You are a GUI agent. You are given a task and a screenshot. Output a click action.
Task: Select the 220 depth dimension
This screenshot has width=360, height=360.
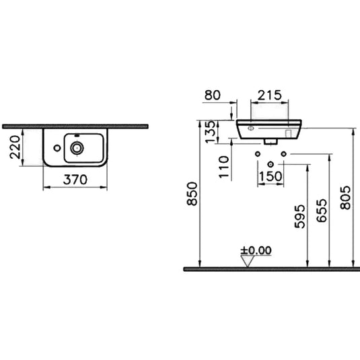click(17, 147)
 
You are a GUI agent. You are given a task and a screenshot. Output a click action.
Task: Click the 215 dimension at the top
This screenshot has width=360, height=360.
click(269, 96)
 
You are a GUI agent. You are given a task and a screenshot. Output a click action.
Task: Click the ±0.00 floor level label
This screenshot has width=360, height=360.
click(256, 250)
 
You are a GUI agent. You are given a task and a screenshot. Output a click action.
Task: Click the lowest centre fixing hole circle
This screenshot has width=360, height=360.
click(271, 164)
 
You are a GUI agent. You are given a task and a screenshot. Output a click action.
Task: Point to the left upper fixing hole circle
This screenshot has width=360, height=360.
click(257, 155)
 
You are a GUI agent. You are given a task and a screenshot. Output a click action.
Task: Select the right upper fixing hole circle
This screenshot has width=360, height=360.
click(283, 155)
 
